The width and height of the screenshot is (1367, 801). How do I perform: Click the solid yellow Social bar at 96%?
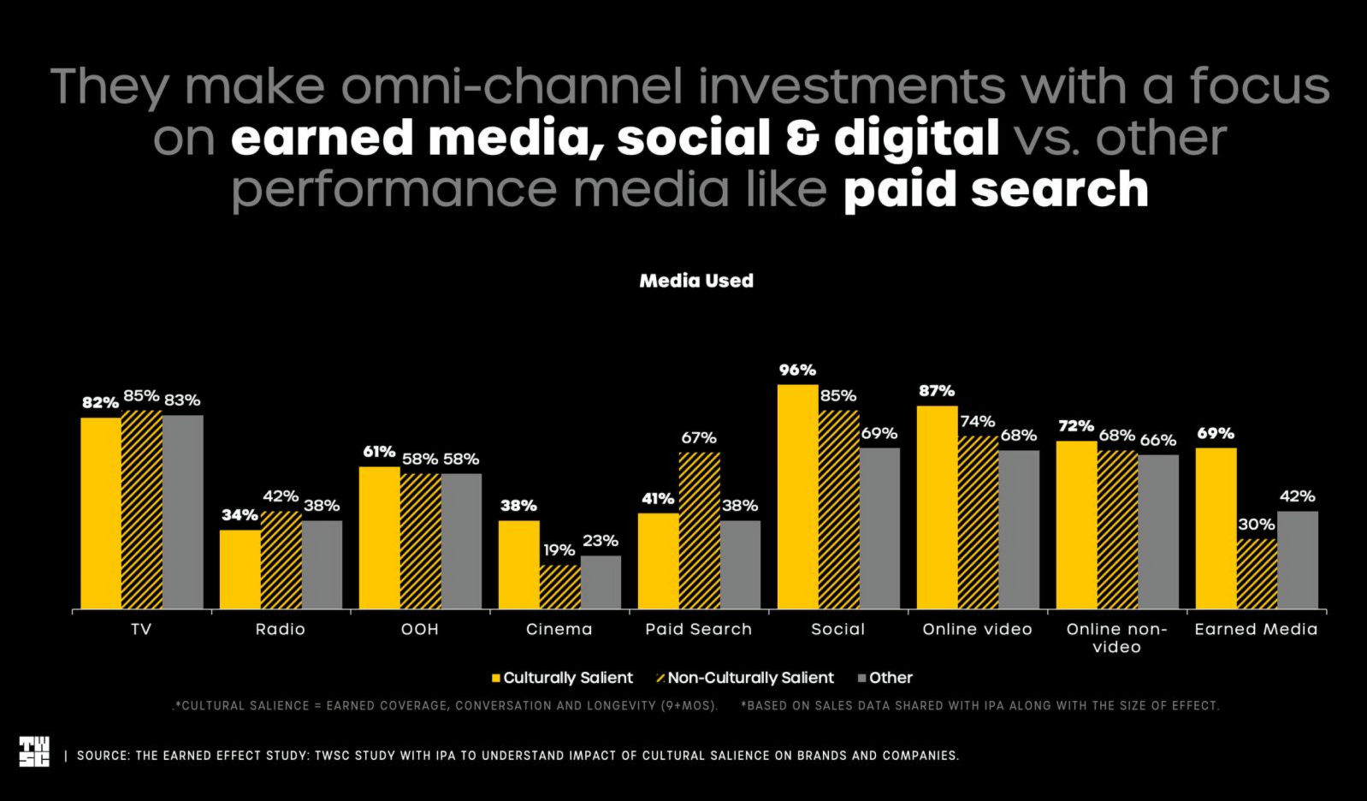[x=797, y=496]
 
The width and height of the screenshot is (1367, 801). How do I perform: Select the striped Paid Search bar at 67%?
[x=699, y=531]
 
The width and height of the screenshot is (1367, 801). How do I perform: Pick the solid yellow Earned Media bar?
[x=1216, y=528]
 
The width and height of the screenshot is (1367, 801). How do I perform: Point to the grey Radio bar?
[x=322, y=565]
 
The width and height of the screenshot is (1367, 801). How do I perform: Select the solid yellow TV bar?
[x=101, y=513]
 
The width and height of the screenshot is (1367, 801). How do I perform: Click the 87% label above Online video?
[x=937, y=391]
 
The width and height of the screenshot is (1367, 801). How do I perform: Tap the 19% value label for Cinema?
[x=559, y=550]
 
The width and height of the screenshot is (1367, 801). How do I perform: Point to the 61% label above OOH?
[x=379, y=452]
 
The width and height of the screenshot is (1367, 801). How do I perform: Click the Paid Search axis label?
[x=698, y=629]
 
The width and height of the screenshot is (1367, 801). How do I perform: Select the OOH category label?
[x=419, y=629]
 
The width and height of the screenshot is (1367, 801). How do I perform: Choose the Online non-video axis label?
[x=1116, y=638]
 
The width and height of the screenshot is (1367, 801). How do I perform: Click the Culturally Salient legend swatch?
[x=496, y=678]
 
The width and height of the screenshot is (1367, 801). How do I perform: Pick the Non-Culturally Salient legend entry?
[x=744, y=678]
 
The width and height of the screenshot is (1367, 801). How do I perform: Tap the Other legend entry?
[x=885, y=678]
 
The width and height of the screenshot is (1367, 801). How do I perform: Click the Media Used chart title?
[x=696, y=281]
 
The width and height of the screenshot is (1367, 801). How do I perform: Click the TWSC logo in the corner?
[x=34, y=751]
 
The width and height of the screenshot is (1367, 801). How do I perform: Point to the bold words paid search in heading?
[x=996, y=189]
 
